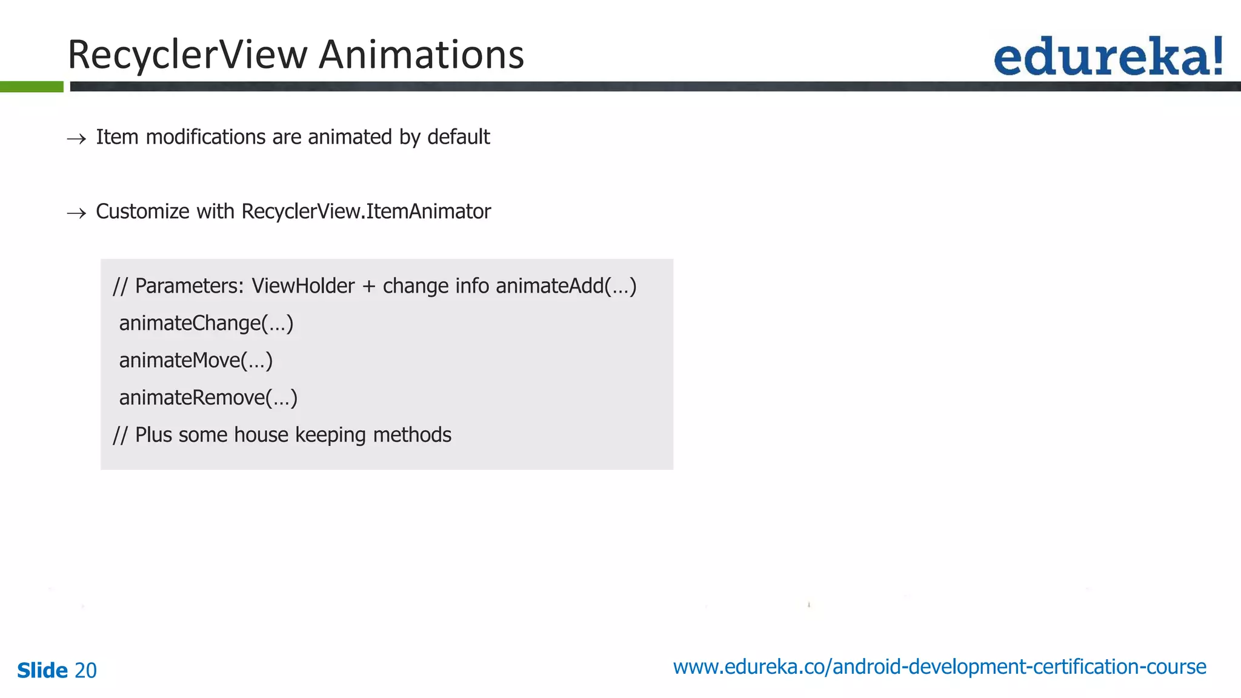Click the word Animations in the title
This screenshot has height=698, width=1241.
point(421,55)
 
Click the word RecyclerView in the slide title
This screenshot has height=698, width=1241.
point(188,55)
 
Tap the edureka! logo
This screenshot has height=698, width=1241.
point(1108,57)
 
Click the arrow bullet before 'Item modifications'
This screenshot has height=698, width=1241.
point(76,139)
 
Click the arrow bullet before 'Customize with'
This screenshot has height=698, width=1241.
point(76,213)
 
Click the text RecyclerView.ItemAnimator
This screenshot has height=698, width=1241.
point(366,211)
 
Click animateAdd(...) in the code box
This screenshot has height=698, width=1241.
point(566,286)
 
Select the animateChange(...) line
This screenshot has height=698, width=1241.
point(206,324)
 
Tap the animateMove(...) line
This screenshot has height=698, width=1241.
point(196,361)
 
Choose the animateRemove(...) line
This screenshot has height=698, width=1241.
point(208,398)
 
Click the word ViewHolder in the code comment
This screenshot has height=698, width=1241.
point(303,286)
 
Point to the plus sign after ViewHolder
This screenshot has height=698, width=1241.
point(368,287)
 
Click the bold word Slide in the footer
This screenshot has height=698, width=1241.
point(42,671)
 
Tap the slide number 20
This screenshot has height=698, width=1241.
point(85,671)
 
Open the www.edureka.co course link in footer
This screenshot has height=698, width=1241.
point(939,667)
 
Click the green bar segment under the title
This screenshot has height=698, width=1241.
point(32,87)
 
